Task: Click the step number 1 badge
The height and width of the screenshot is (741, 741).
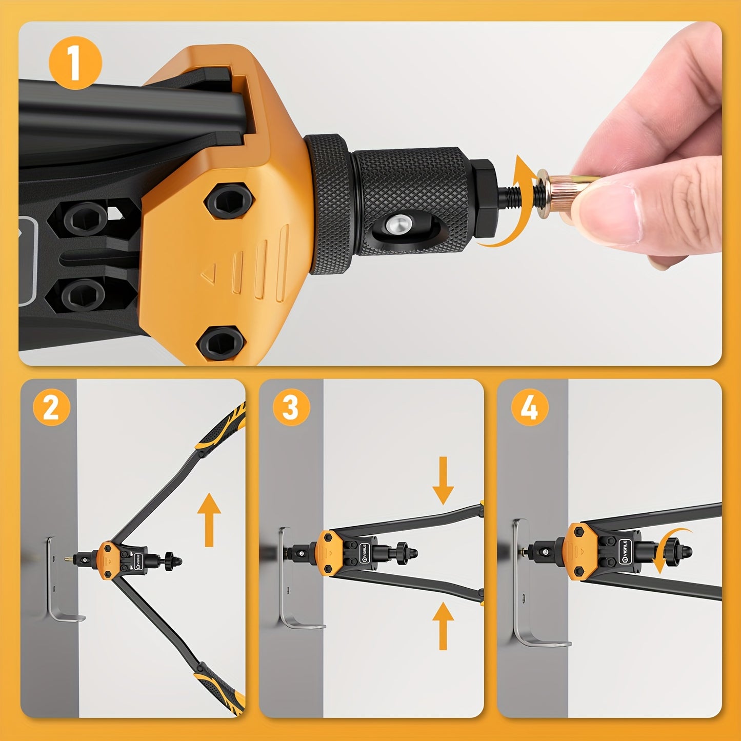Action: click(x=75, y=65)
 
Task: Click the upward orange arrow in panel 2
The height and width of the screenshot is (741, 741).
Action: click(x=209, y=519)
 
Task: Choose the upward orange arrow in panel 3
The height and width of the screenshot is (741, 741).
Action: click(x=443, y=626)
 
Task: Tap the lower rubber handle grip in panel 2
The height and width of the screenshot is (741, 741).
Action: click(x=218, y=685)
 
